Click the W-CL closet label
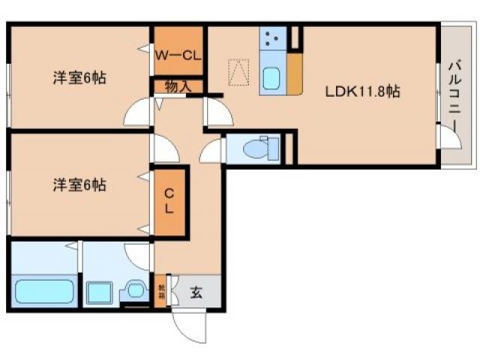point(178,54)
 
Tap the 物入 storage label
point(178,87)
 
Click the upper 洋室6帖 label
point(79,77)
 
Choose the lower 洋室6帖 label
point(79,184)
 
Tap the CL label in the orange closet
point(169,200)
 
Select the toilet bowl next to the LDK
point(258,148)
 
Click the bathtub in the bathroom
point(43,289)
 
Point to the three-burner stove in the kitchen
point(271,40)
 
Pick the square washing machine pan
point(98,290)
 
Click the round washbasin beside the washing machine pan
point(136,290)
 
